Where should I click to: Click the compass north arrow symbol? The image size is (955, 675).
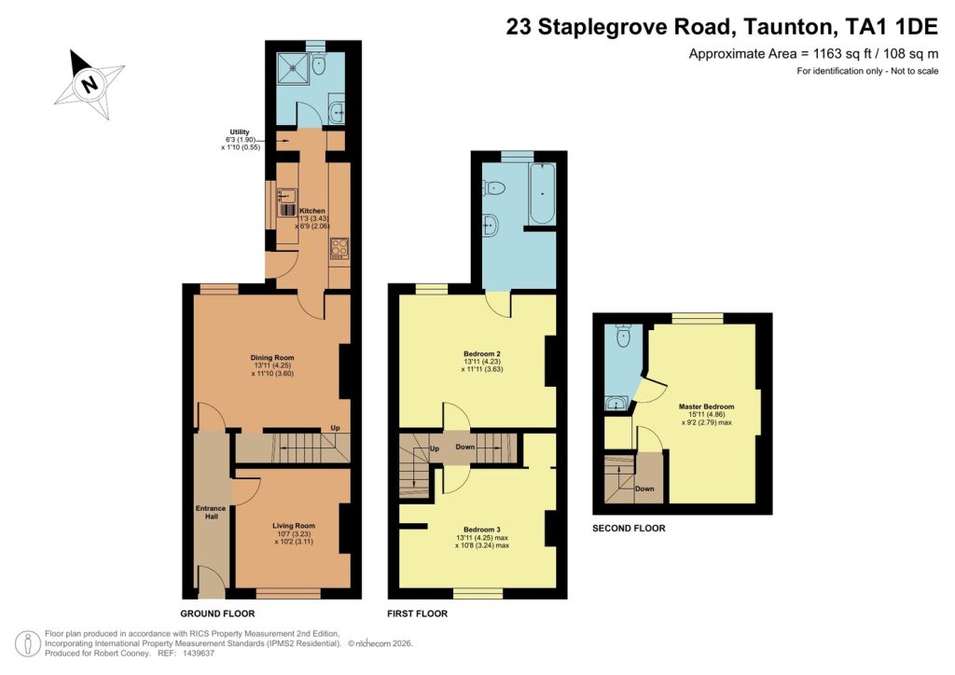pyautogui.click(x=89, y=84)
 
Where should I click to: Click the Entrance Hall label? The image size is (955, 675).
pyautogui.click(x=211, y=512)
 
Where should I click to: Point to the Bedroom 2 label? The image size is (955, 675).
pyautogui.click(x=482, y=353)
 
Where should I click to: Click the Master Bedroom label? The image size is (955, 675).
pyautogui.click(x=706, y=406)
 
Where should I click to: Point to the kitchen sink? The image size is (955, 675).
pyautogui.click(x=287, y=197)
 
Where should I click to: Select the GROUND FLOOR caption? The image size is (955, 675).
pyautogui.click(x=217, y=613)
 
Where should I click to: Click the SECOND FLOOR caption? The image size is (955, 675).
pyautogui.click(x=629, y=529)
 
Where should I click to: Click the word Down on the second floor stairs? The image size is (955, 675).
pyautogui.click(x=644, y=488)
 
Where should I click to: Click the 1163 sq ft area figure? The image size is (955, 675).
pyautogui.click(x=804, y=53)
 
